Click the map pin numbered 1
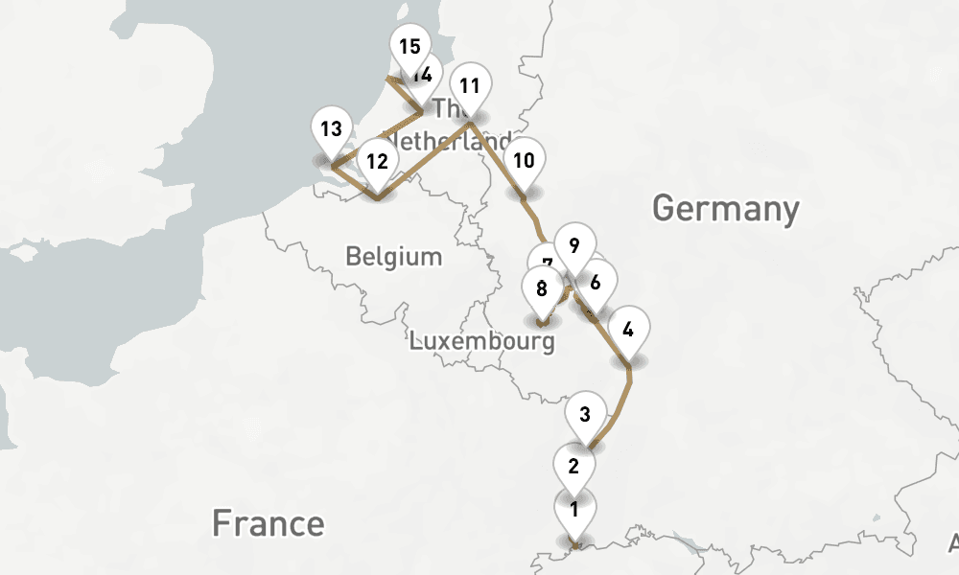point(574,510)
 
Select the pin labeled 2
point(574,467)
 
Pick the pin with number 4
point(628,331)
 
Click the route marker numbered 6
point(596,282)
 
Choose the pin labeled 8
point(542,287)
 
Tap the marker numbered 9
point(573,245)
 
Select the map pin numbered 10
point(524,160)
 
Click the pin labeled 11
point(469,85)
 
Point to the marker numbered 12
point(377,162)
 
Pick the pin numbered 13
point(331,128)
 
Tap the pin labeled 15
point(409,46)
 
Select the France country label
point(268,523)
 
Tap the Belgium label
point(394,257)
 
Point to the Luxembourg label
point(481,341)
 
